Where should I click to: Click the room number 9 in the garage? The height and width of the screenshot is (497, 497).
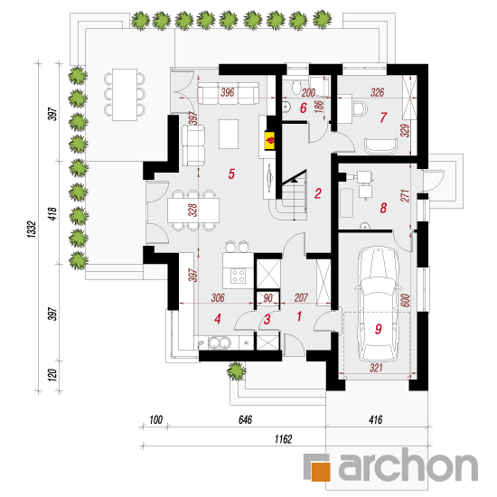click(378, 329)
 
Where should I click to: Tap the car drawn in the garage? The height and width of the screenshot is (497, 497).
click(377, 305)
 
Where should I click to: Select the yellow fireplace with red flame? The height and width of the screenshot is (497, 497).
click(270, 140)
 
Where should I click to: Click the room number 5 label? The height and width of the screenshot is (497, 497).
click(231, 173)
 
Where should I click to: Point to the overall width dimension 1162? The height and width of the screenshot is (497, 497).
click(283, 439)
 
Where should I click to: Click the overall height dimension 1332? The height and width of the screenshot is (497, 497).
click(32, 230)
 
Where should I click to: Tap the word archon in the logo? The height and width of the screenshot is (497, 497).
click(408, 465)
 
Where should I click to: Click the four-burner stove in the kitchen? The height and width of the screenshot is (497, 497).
click(238, 276)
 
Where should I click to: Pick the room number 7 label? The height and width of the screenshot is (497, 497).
click(383, 117)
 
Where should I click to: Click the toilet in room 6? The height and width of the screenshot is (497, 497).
click(296, 87)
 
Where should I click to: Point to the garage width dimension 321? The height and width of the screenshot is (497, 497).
click(376, 368)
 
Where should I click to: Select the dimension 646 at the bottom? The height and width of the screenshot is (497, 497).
click(245, 419)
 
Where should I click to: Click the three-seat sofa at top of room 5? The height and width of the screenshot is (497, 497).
click(229, 93)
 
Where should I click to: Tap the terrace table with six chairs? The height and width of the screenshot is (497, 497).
click(125, 95)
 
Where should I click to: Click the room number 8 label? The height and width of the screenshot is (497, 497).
click(383, 208)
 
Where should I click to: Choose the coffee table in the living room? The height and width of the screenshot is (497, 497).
click(229, 134)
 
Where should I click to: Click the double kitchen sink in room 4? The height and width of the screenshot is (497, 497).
click(219, 342)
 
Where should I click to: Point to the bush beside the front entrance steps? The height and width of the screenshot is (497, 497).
click(236, 370)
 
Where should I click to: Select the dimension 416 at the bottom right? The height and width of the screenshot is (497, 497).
click(376, 419)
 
